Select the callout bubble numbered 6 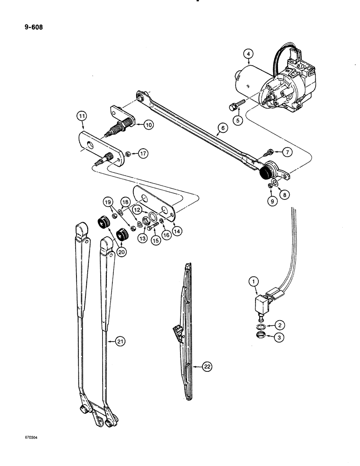[x=222, y=128]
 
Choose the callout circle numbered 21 [x=122, y=343]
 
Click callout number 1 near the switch [x=253, y=281]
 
